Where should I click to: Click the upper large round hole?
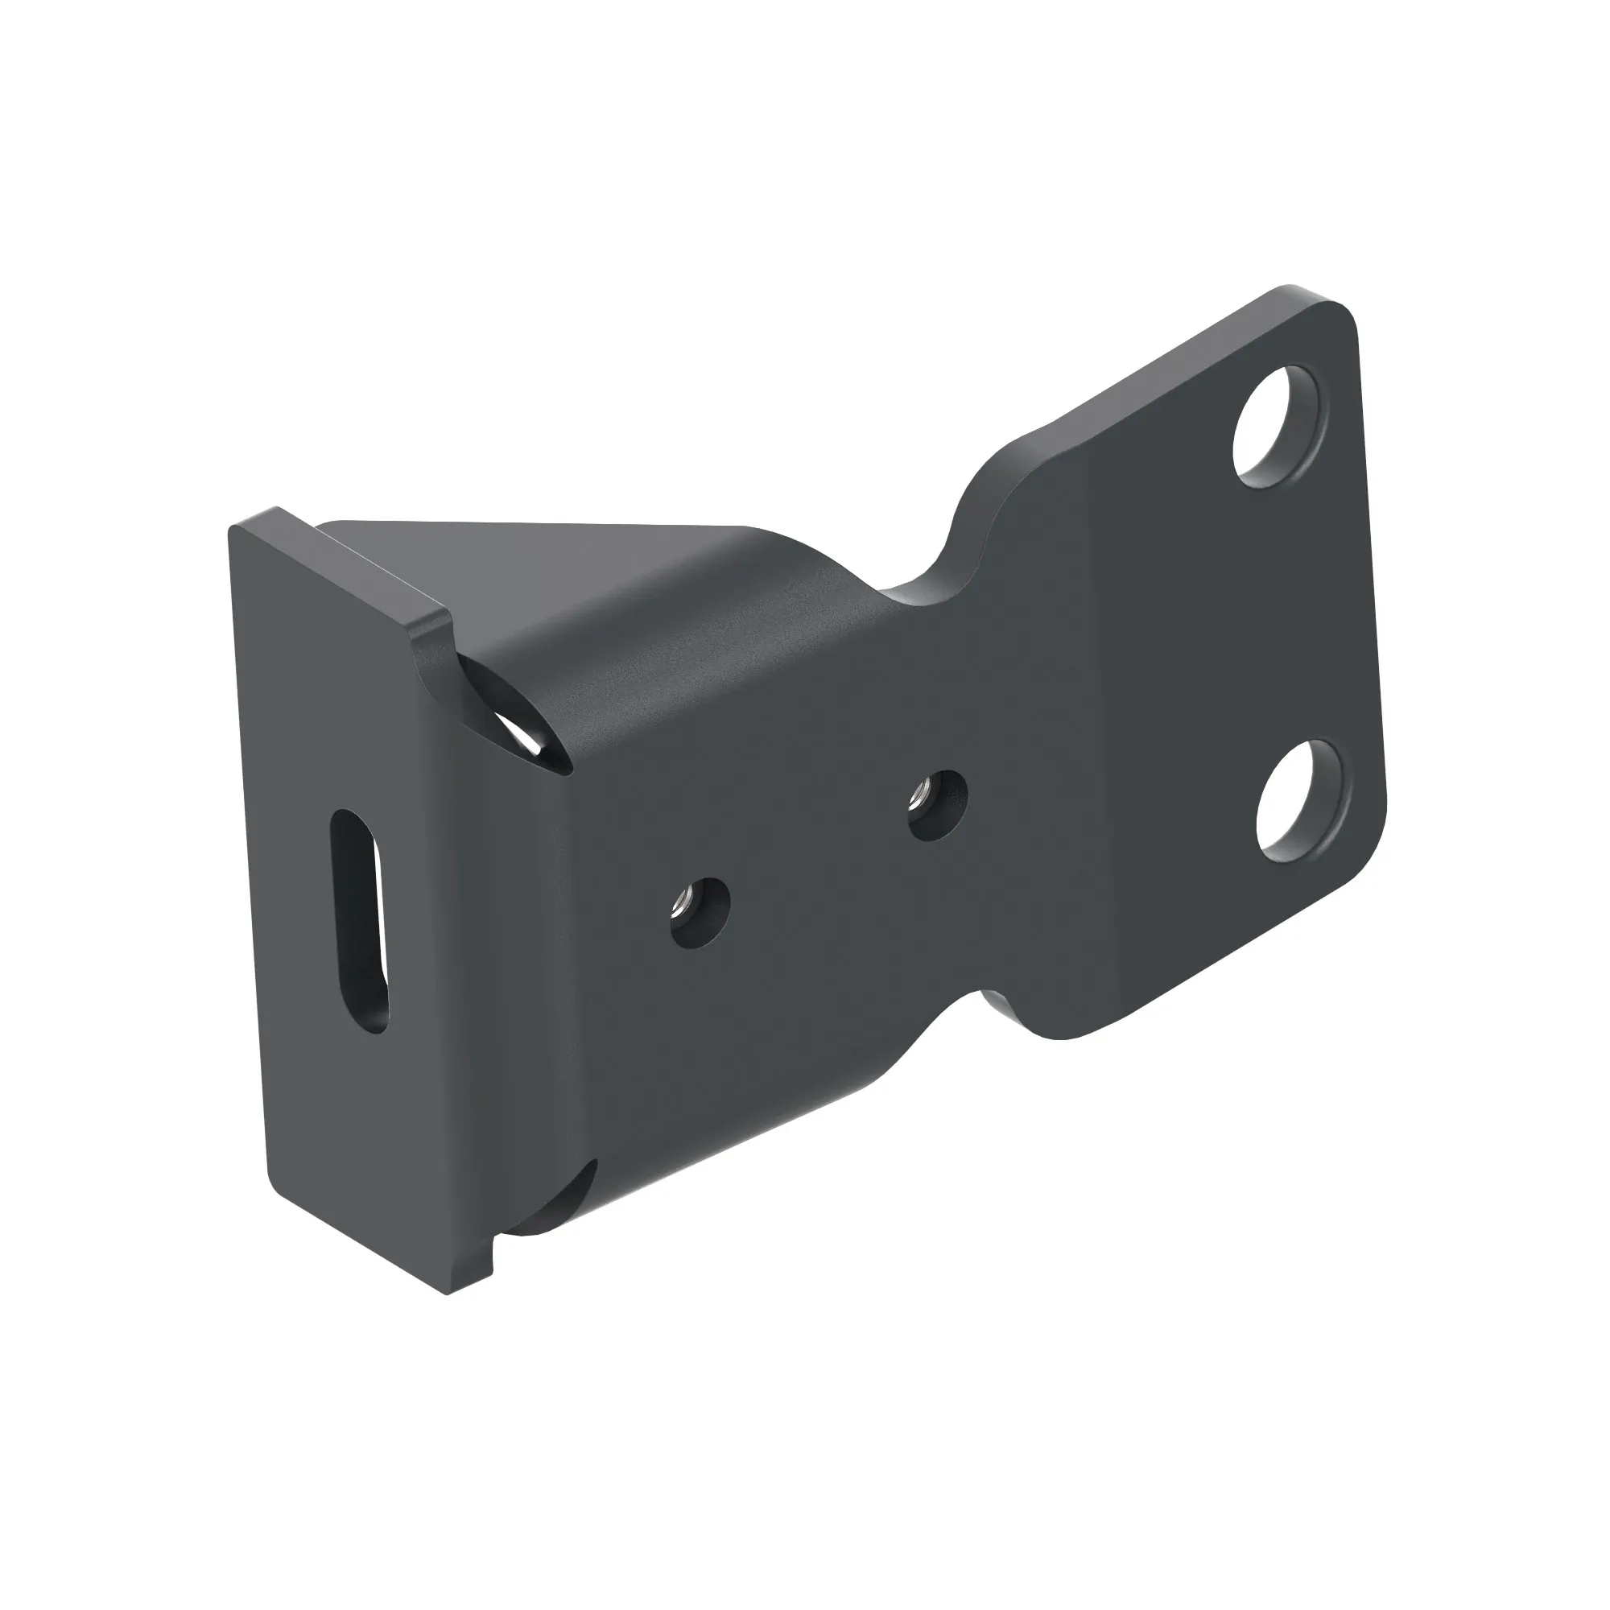[x=1276, y=426]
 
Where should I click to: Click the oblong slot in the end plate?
[x=359, y=922]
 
